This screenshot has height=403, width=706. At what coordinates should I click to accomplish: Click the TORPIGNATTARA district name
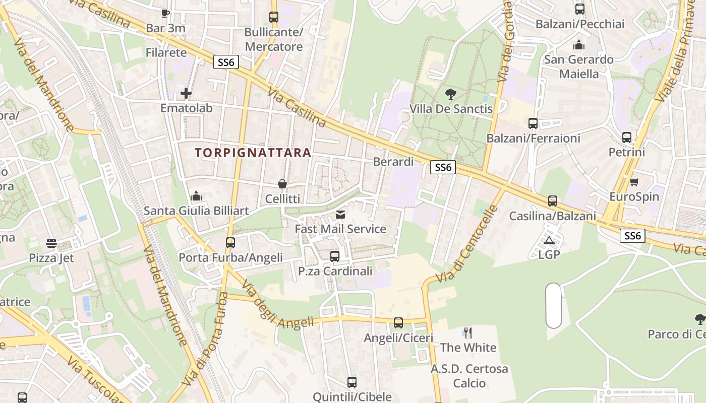click(253, 153)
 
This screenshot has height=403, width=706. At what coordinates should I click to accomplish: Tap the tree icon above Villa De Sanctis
click(451, 94)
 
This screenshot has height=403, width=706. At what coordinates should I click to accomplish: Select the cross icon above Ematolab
click(186, 93)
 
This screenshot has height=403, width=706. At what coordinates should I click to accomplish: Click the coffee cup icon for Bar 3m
click(165, 13)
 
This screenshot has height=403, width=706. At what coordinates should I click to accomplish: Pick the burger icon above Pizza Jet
click(51, 243)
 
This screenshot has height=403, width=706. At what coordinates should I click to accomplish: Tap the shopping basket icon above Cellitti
click(282, 184)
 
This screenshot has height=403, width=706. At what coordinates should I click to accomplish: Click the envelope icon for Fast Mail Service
click(340, 215)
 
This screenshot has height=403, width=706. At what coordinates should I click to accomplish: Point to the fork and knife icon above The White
click(468, 332)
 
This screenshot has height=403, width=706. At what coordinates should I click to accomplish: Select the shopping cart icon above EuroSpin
click(634, 182)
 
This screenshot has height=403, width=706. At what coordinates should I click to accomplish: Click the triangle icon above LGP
click(549, 240)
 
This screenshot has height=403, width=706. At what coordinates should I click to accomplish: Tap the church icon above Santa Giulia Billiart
click(196, 196)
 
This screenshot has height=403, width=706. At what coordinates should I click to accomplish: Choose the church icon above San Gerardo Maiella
click(579, 45)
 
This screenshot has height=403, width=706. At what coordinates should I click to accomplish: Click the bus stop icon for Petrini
click(627, 137)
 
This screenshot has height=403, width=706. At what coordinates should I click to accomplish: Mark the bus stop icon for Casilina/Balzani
click(553, 201)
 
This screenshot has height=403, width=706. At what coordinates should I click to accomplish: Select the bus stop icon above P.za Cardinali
click(335, 256)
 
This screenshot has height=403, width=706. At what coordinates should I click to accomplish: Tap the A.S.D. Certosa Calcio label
click(469, 376)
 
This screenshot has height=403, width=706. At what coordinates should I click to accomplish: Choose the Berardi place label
click(393, 162)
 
